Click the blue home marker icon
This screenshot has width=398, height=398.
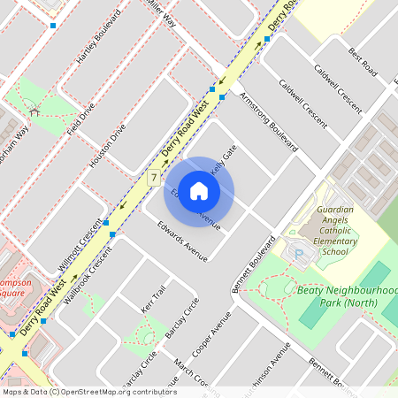point(199,190)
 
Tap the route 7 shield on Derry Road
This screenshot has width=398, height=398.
point(154,178)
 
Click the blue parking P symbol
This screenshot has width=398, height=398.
point(299,255)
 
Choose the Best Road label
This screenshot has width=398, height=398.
point(363,60)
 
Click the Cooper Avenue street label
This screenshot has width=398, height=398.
point(215,338)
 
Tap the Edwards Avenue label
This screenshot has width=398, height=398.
point(182,240)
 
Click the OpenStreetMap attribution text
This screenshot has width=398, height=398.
point(88,392)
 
